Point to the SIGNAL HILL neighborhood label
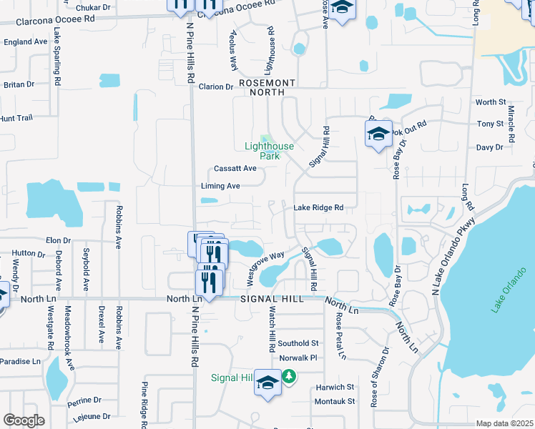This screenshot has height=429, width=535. pyautogui.click(x=273, y=298)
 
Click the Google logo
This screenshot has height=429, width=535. pyautogui.click(x=24, y=420)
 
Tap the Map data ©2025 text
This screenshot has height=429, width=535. pyautogui.click(x=504, y=423)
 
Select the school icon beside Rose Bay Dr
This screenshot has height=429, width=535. pyautogui.click(x=379, y=134)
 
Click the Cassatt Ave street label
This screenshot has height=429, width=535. pyautogui.click(x=235, y=169)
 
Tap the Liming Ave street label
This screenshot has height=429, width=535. pyautogui.click(x=220, y=186)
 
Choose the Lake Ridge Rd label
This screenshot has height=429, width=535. pyautogui.click(x=319, y=208)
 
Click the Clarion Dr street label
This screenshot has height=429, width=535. pyautogui.click(x=216, y=87)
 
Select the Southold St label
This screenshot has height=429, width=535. pyautogui.click(x=298, y=343)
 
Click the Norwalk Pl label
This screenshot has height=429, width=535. pyautogui.click(x=298, y=357)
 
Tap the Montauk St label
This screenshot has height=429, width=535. pyautogui.click(x=335, y=401)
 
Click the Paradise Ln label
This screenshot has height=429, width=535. pyautogui.click(x=20, y=361)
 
